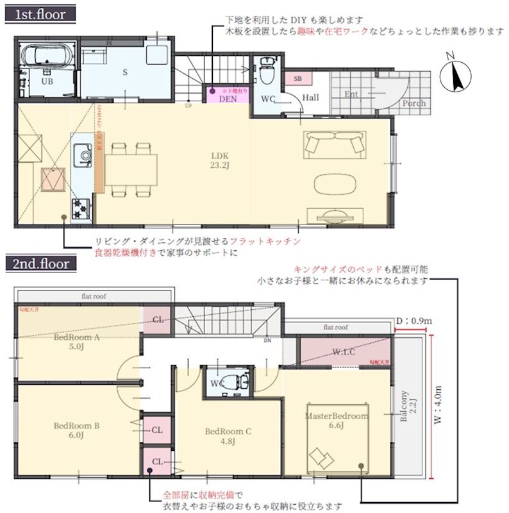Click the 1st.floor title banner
[x=40, y=13]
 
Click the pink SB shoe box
[x=297, y=78]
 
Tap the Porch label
[x=414, y=103]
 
